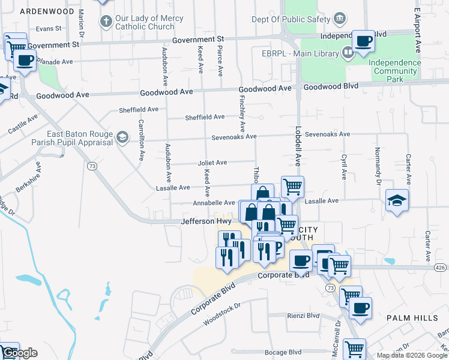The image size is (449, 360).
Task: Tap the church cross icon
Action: click(x=106, y=22)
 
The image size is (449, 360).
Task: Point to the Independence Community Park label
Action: click(x=394, y=71)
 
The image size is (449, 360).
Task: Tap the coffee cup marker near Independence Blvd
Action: click(x=363, y=42)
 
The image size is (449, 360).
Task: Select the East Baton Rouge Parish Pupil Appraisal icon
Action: click(x=122, y=138)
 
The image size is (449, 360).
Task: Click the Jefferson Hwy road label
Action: click(x=206, y=221)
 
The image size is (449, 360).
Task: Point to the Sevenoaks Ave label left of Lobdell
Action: click(x=234, y=137)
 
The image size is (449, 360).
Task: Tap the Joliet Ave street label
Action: click(x=212, y=163)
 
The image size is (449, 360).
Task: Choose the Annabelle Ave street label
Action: click(x=214, y=203)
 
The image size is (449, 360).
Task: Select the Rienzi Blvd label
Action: click(x=303, y=316)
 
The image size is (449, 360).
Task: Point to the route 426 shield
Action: click(x=441, y=268)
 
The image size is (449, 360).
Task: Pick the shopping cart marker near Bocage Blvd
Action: click(x=354, y=348)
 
